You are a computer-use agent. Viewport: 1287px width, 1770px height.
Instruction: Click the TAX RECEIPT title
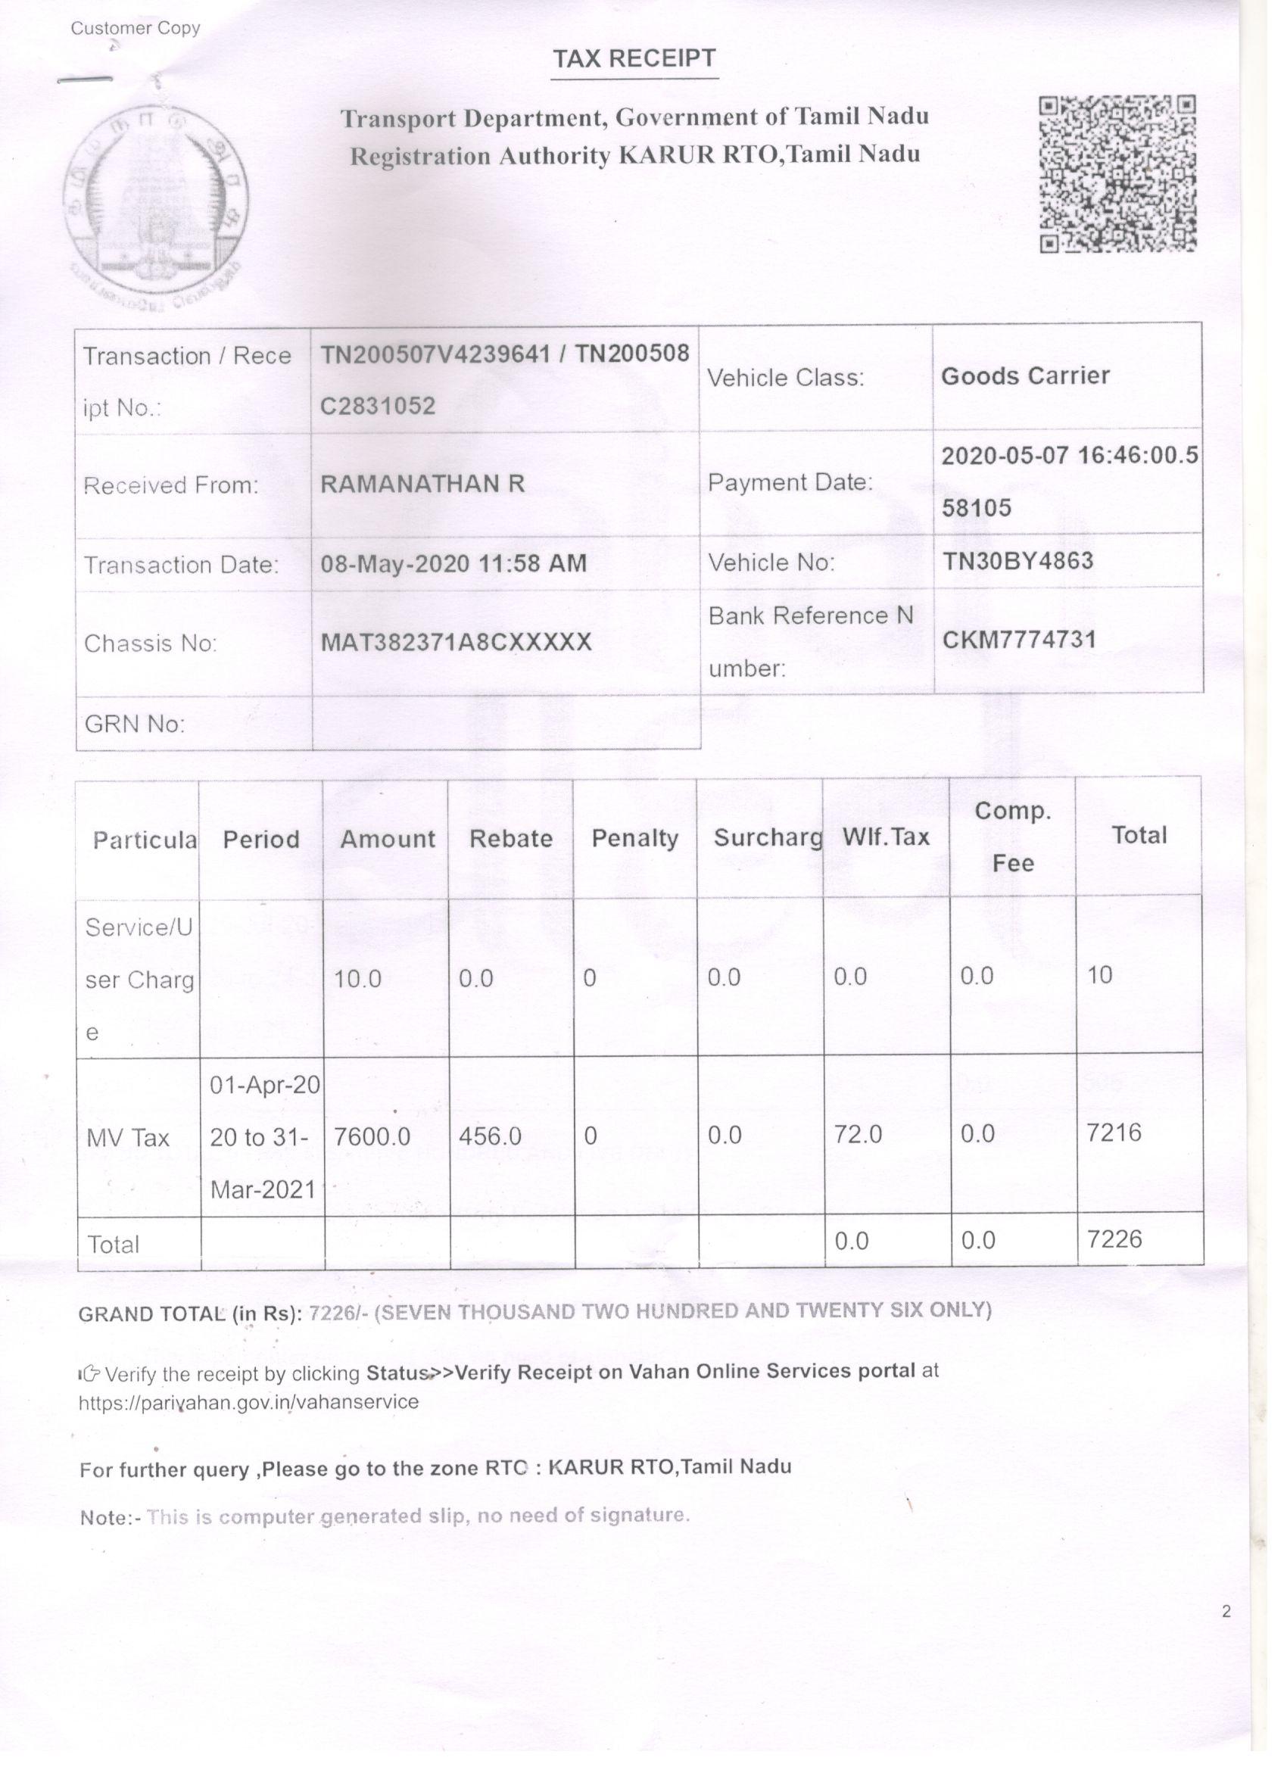[634, 59]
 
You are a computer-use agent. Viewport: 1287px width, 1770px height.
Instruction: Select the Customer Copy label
[135, 29]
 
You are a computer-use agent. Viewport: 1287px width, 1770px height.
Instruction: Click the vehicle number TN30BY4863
[1017, 560]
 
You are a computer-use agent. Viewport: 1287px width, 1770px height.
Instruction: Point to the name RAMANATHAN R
[422, 484]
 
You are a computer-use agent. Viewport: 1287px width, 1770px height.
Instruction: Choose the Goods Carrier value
[1025, 376]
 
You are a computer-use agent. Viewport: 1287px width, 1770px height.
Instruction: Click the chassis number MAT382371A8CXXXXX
[456, 642]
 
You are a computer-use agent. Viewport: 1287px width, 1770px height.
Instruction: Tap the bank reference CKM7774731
[1018, 640]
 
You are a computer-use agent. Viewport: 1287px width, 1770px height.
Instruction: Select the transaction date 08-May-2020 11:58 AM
[453, 563]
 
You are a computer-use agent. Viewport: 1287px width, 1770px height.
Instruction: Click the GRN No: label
[134, 724]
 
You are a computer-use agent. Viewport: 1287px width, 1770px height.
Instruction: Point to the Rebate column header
[510, 838]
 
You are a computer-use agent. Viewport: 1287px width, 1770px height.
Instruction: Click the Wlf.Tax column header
[885, 837]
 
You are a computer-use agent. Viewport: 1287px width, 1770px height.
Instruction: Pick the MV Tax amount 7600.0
[372, 1136]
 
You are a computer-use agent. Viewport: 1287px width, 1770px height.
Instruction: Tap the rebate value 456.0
[489, 1136]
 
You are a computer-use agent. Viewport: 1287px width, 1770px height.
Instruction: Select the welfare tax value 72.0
[858, 1134]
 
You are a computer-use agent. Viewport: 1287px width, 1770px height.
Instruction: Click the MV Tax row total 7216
[1113, 1132]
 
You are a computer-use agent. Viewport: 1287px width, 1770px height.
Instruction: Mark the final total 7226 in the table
[1114, 1239]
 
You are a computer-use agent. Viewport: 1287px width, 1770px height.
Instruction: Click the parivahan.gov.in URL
[248, 1402]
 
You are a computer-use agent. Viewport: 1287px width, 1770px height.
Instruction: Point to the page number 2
[1226, 1612]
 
